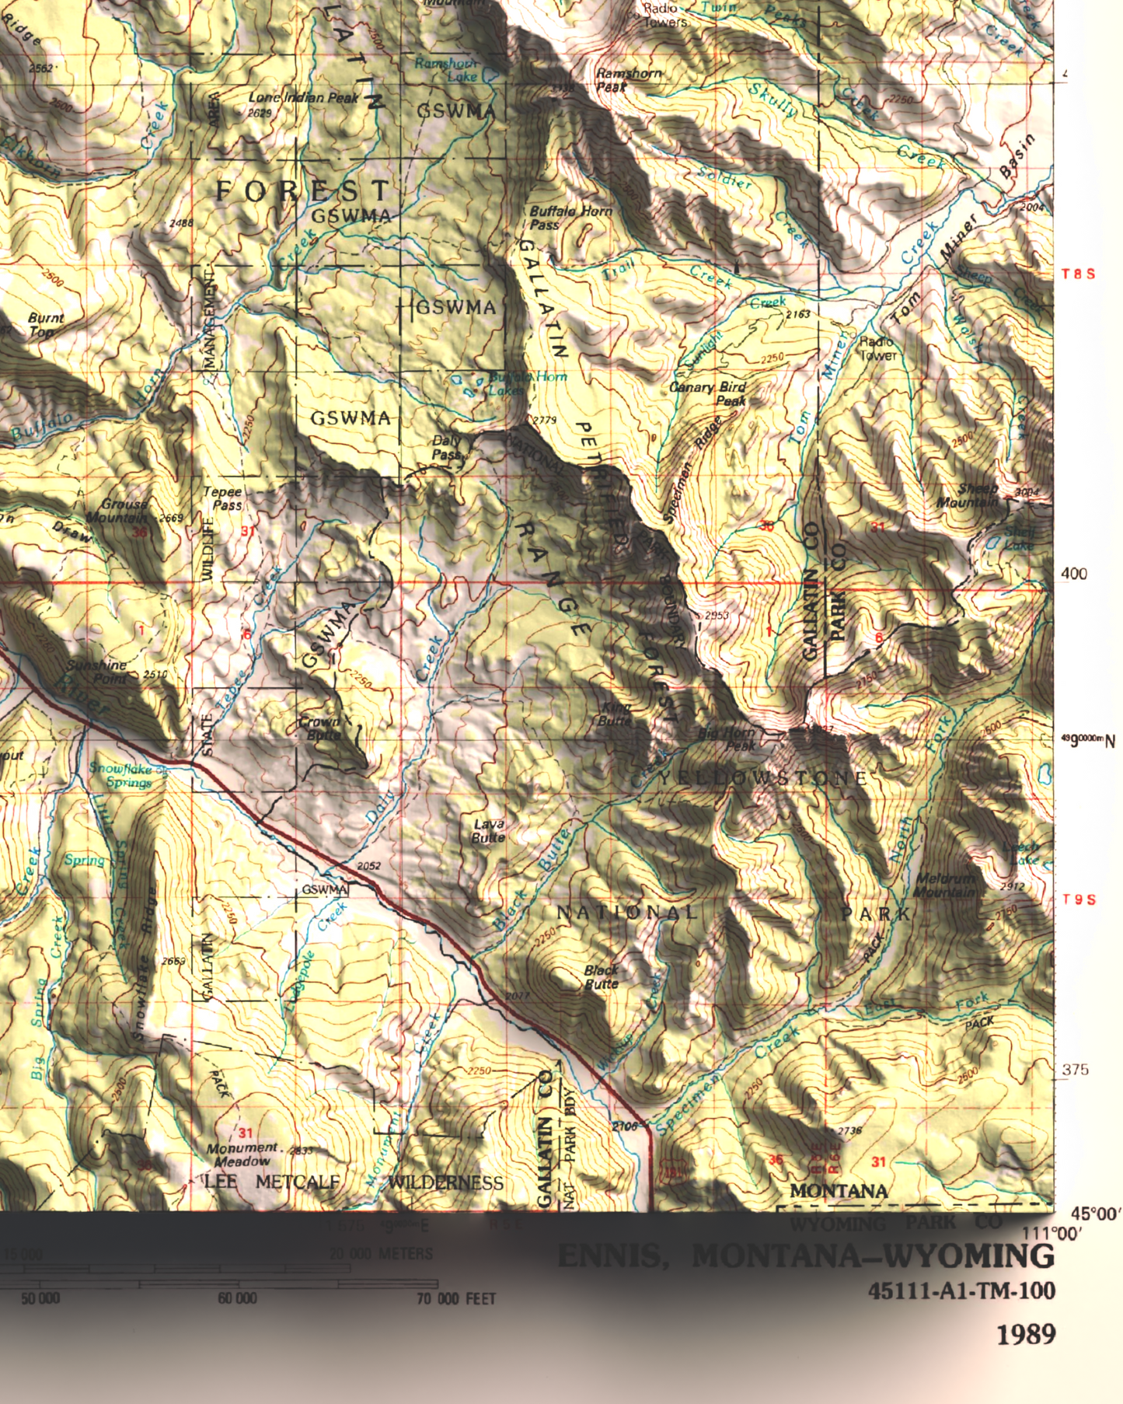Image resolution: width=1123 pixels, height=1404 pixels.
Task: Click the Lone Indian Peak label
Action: [303, 98]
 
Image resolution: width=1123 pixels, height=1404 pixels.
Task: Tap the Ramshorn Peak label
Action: [628, 79]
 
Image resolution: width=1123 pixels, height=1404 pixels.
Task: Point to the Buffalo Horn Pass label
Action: [570, 218]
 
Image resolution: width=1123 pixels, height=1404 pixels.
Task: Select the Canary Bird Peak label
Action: [708, 393]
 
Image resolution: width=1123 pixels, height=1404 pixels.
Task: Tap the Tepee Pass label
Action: [223, 498]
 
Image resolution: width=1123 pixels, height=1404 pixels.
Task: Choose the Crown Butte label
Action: [319, 728]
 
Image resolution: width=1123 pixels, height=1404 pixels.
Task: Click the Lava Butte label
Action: [488, 830]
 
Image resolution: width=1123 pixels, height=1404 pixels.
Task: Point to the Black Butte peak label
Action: [601, 976]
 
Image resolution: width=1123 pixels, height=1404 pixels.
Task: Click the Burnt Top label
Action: [45, 325]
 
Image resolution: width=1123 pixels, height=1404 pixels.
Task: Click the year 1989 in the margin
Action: [1026, 1334]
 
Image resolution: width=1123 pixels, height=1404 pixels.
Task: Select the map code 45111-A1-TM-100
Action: [961, 1291]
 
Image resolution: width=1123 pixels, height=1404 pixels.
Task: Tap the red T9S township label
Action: [1079, 899]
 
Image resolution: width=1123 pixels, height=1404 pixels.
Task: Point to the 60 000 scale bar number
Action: [237, 1298]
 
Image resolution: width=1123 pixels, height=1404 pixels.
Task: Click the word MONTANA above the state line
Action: [839, 1191]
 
